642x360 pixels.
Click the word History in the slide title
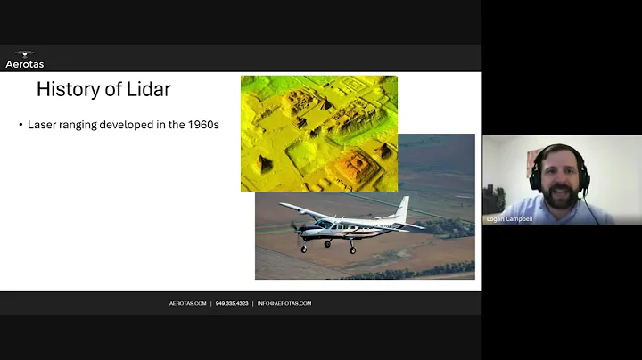69,89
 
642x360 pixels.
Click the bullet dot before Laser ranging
21,125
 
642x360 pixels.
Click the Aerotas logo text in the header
24,63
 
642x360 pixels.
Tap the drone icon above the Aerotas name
24,53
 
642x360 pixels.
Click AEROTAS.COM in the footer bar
188,303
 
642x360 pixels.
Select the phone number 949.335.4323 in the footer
233,303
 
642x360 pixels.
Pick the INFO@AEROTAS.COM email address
284,303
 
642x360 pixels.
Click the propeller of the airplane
297,228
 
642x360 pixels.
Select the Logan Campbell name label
509,218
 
